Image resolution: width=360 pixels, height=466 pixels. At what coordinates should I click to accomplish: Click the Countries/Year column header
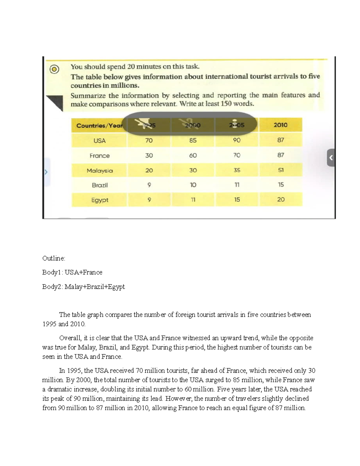pos(99,125)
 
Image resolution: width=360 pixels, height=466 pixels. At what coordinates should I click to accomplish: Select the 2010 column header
pos(280,125)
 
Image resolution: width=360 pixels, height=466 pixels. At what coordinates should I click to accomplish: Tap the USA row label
pos(99,140)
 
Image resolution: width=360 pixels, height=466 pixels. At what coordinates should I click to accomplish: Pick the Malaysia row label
pos(100,170)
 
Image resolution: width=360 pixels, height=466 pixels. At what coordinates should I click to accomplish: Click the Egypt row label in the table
pos(100,200)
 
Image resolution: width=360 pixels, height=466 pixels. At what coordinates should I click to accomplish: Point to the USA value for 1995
pos(149,140)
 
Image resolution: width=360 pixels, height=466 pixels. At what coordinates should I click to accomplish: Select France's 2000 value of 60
pos(193,155)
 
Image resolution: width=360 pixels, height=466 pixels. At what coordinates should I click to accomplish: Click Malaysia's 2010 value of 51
pos(280,170)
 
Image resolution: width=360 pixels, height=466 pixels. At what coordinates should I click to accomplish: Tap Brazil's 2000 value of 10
pos(193,185)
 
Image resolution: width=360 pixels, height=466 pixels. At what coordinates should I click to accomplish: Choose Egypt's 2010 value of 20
pos(281,200)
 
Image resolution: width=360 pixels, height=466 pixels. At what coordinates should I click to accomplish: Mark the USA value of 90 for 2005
pos(237,140)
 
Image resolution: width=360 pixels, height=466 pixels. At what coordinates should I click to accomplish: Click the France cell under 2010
pos(280,155)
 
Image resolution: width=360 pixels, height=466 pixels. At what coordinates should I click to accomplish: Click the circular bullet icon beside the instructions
pos(54,70)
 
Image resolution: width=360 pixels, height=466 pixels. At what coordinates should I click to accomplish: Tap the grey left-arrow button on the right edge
pos(331,157)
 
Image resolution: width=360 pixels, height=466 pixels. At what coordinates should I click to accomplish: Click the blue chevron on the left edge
pos(46,172)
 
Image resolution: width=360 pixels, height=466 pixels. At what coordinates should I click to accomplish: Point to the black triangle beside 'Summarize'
pos(56,102)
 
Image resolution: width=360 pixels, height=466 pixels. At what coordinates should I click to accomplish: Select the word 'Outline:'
pos(54,258)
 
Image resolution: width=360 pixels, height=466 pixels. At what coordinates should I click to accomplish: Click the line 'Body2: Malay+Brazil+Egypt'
pos(83,287)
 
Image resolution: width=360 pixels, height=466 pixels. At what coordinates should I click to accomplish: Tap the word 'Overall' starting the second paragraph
pos(70,338)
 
